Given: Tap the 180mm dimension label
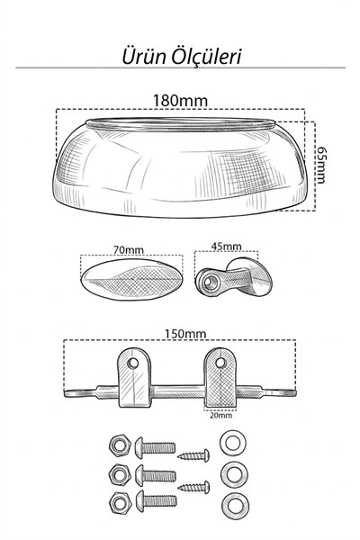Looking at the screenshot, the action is tap(180, 101).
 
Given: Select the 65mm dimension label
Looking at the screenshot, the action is tap(321, 166).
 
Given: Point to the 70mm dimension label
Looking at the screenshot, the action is tap(129, 249).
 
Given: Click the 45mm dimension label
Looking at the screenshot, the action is tap(226, 247).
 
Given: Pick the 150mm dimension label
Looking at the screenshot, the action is tap(185, 334).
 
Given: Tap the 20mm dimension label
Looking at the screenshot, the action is tap(221, 415).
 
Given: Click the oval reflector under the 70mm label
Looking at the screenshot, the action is tap(132, 279).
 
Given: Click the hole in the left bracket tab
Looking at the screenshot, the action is tap(133, 363).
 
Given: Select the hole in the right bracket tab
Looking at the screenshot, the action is tap(220, 363).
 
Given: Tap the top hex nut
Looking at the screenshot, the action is tap(120, 445).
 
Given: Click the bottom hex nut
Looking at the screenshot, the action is tap(120, 503).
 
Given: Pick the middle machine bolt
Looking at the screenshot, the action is tap(156, 476).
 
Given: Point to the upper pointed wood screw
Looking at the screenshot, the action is tap(193, 455).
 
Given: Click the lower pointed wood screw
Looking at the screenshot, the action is tap(193, 487).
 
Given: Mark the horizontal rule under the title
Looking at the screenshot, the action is tap(180, 67).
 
